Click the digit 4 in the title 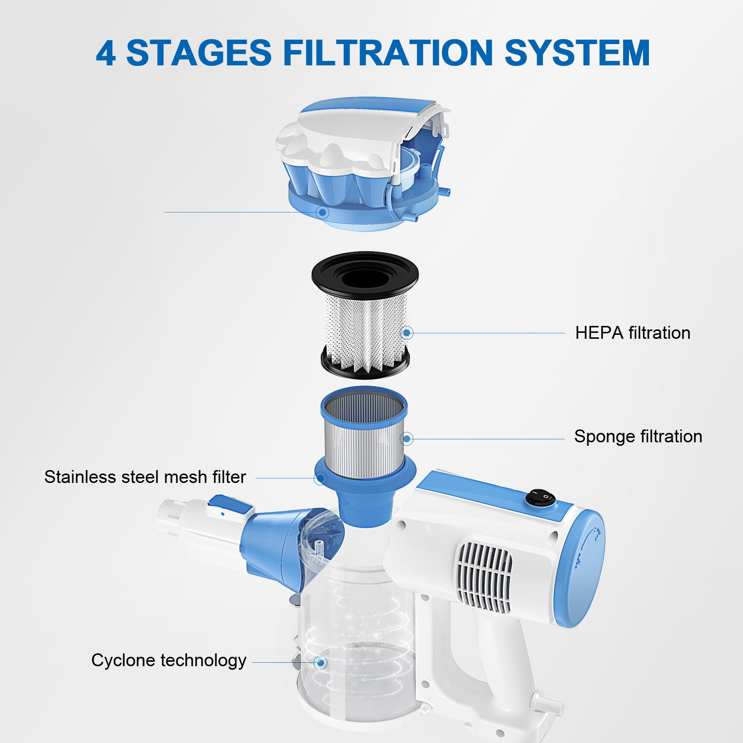tap(106, 53)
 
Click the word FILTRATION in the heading tap(388, 53)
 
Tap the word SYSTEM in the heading tap(577, 53)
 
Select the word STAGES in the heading tap(199, 53)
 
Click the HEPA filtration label tap(633, 333)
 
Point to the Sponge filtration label tap(638, 436)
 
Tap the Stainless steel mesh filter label tap(145, 477)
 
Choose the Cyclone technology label tap(169, 660)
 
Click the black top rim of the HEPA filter tap(365, 273)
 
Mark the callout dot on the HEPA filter tap(407, 333)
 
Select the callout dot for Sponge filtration tap(407, 438)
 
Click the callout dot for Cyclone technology tap(321, 662)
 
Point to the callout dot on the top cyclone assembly tap(322, 212)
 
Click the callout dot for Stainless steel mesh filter tap(320, 478)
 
